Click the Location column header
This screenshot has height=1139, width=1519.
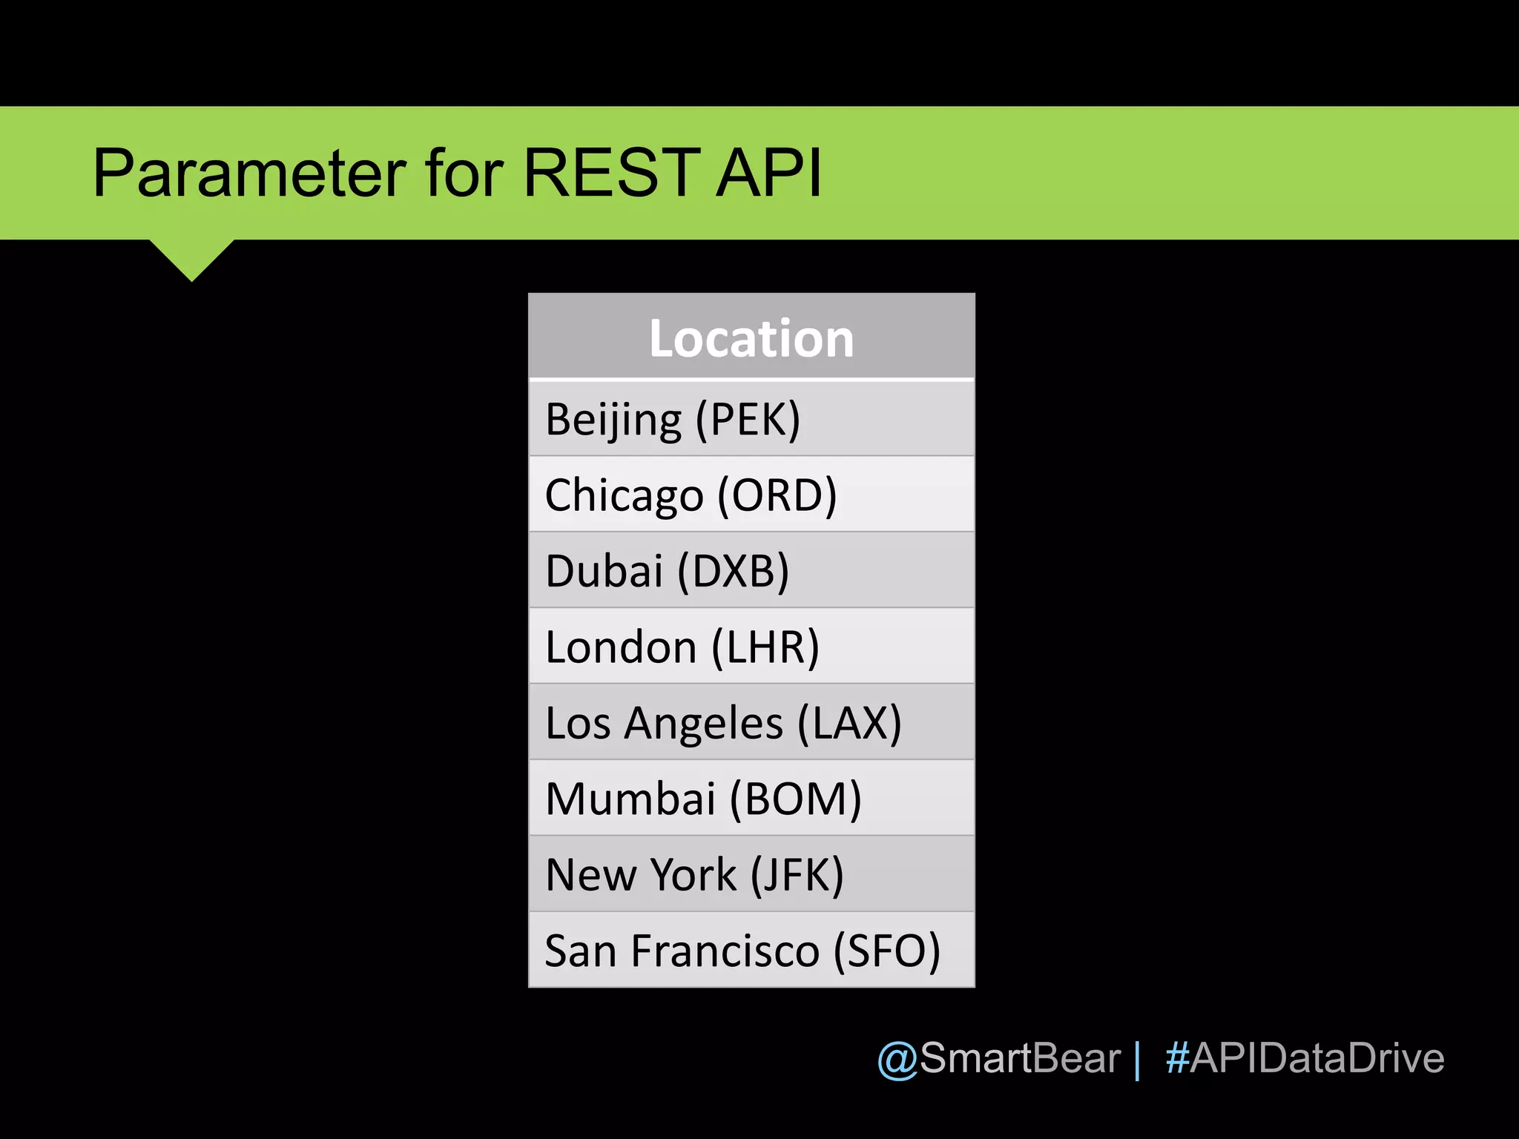pos(751,338)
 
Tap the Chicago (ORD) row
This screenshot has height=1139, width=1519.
pos(751,495)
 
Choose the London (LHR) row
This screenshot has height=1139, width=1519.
pos(751,647)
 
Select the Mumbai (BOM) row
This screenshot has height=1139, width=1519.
pos(751,799)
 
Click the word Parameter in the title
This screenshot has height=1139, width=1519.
pos(249,174)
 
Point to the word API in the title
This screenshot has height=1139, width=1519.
pos(769,174)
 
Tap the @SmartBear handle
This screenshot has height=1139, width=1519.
pos(998,1058)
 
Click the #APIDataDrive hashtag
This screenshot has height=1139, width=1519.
pos(1305,1058)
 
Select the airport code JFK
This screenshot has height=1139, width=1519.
pos(797,875)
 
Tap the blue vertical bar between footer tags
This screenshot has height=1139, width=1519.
pos(1137,1060)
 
